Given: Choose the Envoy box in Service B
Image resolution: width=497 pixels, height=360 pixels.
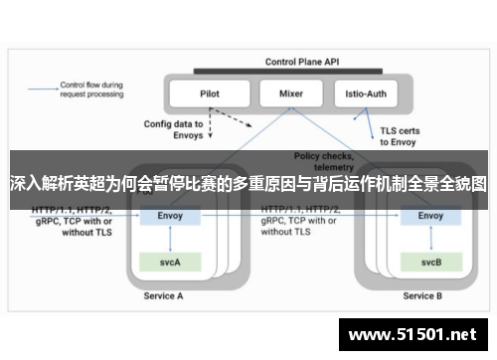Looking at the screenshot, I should (x=430, y=216).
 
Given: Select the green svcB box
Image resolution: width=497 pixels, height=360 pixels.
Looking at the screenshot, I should (x=430, y=263).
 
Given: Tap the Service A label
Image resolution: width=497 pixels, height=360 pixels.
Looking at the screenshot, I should (x=163, y=296).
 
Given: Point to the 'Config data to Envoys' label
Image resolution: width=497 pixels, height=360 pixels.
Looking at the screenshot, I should (x=173, y=129).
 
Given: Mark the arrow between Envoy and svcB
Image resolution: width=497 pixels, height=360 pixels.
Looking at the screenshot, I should (x=430, y=239).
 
